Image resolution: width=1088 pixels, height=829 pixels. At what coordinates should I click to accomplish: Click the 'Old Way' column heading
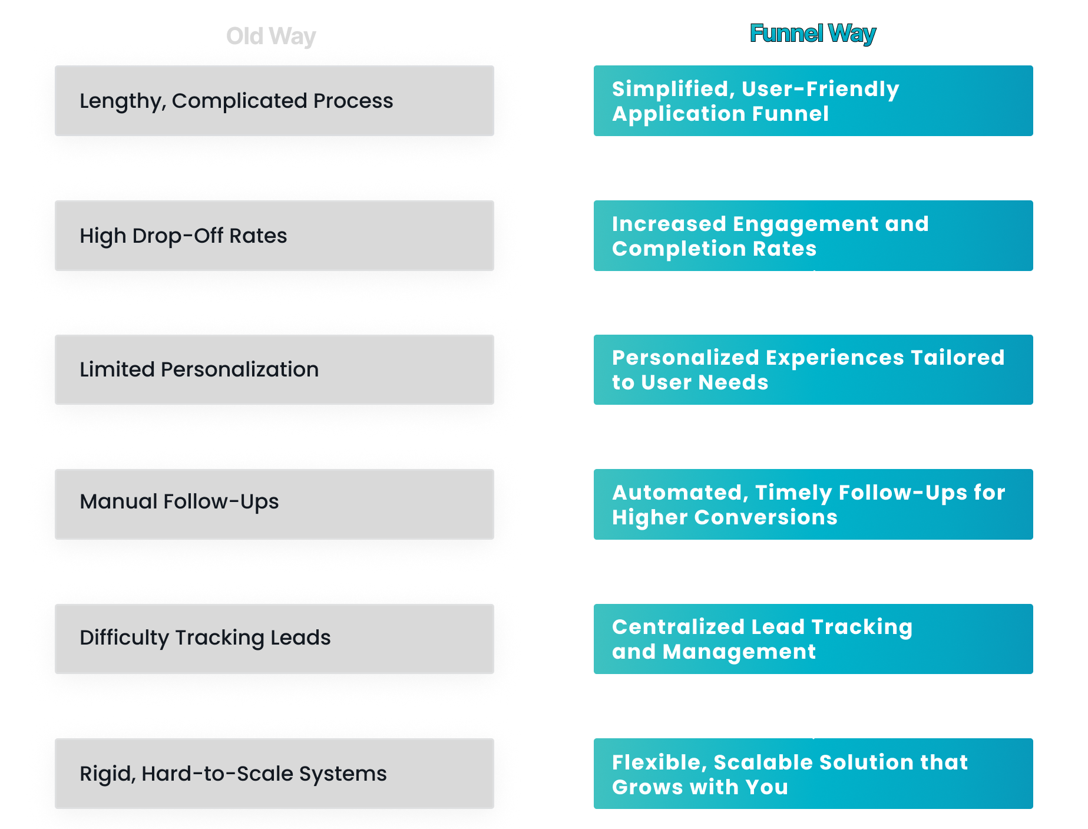pyautogui.click(x=271, y=37)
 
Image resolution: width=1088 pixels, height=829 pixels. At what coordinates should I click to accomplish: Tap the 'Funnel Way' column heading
pyautogui.click(x=813, y=34)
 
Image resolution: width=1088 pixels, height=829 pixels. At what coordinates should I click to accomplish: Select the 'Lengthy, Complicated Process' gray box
pyautogui.click(x=275, y=101)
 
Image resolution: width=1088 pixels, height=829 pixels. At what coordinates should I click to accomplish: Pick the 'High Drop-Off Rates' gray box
pyautogui.click(x=275, y=236)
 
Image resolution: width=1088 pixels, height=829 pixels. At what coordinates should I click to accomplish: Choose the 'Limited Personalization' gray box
pyautogui.click(x=275, y=369)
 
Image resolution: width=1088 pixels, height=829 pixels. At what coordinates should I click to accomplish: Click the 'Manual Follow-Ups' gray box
pyautogui.click(x=275, y=504)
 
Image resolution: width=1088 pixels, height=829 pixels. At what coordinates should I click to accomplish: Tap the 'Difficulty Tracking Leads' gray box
pyautogui.click(x=275, y=639)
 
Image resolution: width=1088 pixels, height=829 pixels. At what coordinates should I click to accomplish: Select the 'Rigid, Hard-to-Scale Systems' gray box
pyautogui.click(x=275, y=774)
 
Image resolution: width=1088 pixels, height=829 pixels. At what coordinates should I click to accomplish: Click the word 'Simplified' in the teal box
pyautogui.click(x=673, y=90)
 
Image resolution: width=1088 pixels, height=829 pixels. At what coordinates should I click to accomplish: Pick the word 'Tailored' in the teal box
pyautogui.click(x=957, y=358)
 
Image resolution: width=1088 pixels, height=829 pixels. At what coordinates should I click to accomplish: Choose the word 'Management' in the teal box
pyautogui.click(x=739, y=652)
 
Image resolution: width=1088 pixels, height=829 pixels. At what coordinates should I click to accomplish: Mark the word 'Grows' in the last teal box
pyautogui.click(x=647, y=787)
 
